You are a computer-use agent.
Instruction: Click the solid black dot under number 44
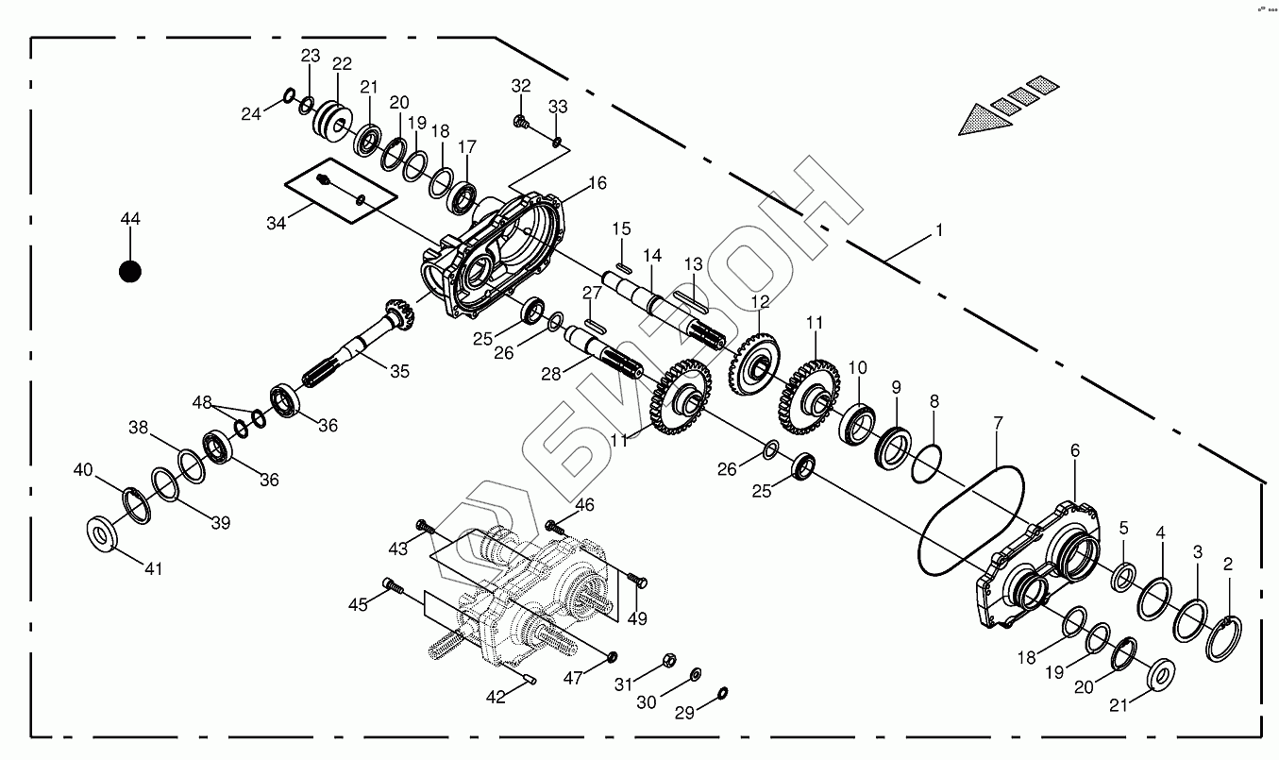(130, 272)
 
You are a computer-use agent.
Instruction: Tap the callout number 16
(597, 183)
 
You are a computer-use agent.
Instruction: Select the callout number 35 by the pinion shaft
(399, 372)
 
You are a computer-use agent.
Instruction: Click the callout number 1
(939, 230)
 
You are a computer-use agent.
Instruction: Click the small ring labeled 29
(722, 694)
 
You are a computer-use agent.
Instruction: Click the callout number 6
(1074, 451)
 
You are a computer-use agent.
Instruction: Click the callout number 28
(551, 374)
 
